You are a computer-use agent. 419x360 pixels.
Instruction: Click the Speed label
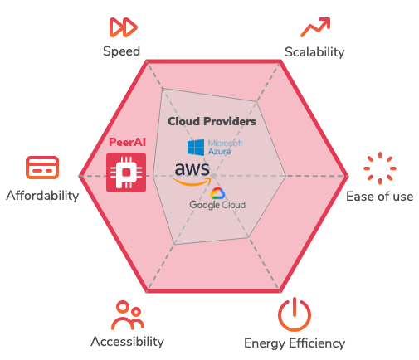(x=121, y=51)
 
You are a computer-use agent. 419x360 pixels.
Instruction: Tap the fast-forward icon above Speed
(x=124, y=27)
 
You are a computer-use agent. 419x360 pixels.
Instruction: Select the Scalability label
(x=314, y=52)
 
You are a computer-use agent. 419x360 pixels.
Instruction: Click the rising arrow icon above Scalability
(x=315, y=27)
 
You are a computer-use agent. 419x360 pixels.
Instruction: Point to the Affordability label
(x=42, y=196)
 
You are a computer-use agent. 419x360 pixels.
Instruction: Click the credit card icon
(x=42, y=168)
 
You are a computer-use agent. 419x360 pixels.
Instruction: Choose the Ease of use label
(x=380, y=197)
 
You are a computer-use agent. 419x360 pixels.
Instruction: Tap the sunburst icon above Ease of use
(x=380, y=168)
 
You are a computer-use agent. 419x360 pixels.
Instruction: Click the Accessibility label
(x=127, y=342)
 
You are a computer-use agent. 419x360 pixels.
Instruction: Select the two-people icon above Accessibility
(x=128, y=315)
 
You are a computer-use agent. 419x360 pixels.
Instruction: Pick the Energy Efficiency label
(x=295, y=343)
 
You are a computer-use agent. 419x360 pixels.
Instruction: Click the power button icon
(x=295, y=314)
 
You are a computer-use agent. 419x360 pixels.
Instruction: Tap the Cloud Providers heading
(x=212, y=121)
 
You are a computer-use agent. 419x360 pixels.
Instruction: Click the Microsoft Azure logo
(x=215, y=148)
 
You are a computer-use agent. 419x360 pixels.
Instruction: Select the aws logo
(x=192, y=173)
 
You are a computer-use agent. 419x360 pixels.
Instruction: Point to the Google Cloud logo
(x=217, y=198)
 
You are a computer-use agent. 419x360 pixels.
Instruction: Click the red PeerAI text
(x=127, y=142)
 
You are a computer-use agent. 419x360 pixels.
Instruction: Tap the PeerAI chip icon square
(x=126, y=173)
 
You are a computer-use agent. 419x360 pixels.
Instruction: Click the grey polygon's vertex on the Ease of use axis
(x=285, y=176)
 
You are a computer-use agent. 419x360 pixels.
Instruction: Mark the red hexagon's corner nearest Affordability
(x=80, y=176)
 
